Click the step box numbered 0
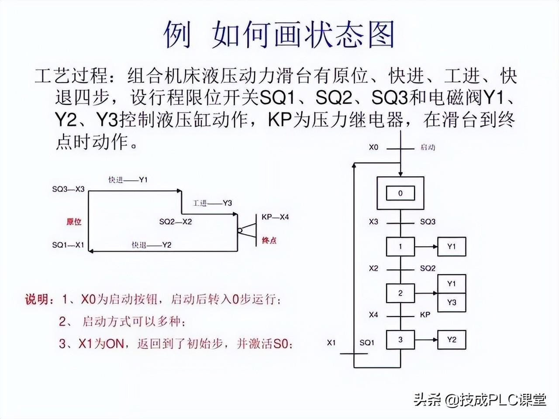tap(400, 193)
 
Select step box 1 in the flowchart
tap(400, 247)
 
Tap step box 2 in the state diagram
tap(400, 293)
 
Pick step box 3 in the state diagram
tap(400, 340)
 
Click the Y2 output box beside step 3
tap(452, 340)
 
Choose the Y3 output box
tap(452, 302)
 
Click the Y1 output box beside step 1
tap(452, 247)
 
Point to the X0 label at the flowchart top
tap(373, 148)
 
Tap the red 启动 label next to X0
tap(428, 148)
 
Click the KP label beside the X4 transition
tap(425, 314)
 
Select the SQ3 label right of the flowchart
tap(428, 222)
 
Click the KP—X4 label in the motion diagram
tap(275, 217)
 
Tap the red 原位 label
tap(74, 222)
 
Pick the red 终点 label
tap(269, 240)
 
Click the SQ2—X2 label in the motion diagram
tap(176, 222)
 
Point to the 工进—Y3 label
tap(212, 203)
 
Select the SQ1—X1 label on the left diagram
tap(68, 245)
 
